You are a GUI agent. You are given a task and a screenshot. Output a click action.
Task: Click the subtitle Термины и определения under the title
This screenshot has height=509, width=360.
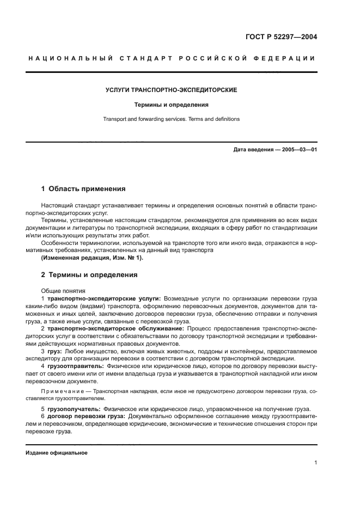tap(172, 104)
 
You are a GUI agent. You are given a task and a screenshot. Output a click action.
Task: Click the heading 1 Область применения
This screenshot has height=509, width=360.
tap(83, 189)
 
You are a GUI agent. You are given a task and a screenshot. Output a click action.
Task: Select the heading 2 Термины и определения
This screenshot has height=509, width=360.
tap(89, 275)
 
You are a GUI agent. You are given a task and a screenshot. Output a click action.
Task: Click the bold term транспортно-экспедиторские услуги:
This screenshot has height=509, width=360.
tap(103, 299)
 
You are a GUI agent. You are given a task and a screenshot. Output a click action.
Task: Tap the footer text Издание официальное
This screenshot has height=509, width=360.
tap(56, 452)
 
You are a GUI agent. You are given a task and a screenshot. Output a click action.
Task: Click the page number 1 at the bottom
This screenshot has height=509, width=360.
tap(315, 463)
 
